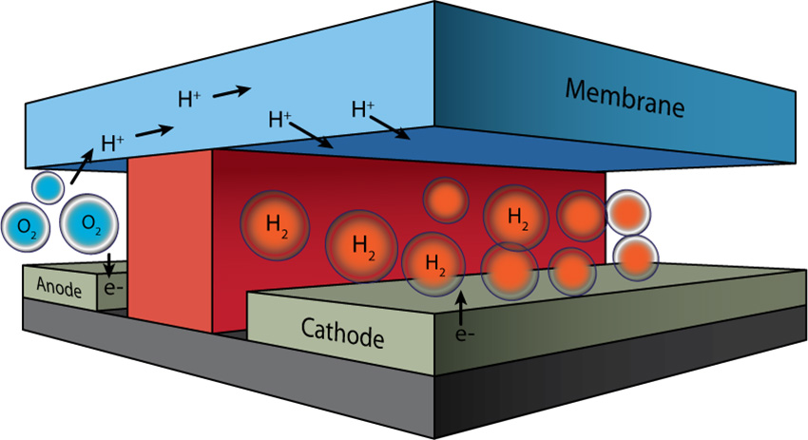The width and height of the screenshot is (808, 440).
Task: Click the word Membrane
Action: [x=625, y=98]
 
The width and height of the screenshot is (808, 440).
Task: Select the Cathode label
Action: [x=342, y=334]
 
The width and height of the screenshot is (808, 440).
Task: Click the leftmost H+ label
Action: [x=113, y=144]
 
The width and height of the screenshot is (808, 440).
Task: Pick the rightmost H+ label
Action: [x=363, y=109]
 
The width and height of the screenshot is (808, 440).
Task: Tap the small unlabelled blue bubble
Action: [x=48, y=185]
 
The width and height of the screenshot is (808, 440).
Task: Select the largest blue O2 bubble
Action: [x=89, y=223]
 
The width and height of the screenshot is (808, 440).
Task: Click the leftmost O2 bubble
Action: [x=26, y=226]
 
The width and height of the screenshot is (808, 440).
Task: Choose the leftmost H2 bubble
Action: [x=275, y=225]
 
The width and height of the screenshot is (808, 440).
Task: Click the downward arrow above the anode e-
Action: [x=112, y=263]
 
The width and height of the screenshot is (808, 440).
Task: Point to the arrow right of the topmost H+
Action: [x=232, y=91]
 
